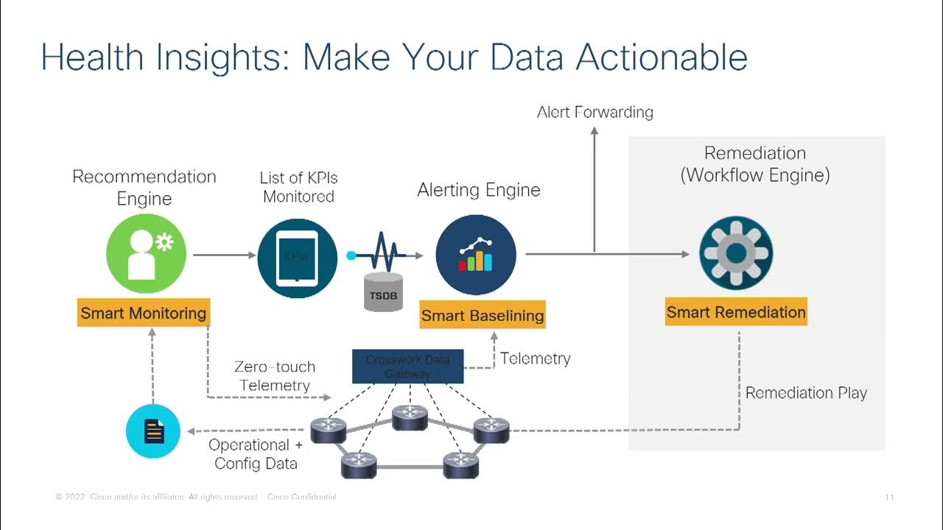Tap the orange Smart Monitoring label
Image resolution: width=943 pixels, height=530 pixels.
143,313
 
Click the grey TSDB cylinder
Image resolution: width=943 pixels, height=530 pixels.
384,292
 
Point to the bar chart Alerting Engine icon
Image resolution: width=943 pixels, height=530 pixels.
475,255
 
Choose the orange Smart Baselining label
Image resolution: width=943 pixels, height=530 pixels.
483,316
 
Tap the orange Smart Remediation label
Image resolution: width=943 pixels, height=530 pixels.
736,312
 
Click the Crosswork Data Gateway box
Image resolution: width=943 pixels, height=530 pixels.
407,367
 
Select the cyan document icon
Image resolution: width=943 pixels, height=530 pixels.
153,431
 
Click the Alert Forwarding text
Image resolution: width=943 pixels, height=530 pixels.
595,112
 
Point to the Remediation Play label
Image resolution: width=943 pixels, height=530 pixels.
806,393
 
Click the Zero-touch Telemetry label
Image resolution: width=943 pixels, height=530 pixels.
275,375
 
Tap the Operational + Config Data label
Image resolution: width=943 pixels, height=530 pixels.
256,454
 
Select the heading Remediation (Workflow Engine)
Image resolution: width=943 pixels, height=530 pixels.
755,164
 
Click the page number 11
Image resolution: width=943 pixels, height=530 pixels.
889,498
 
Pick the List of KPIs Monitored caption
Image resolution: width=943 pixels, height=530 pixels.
298,187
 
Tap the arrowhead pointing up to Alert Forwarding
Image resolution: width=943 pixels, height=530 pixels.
595,130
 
